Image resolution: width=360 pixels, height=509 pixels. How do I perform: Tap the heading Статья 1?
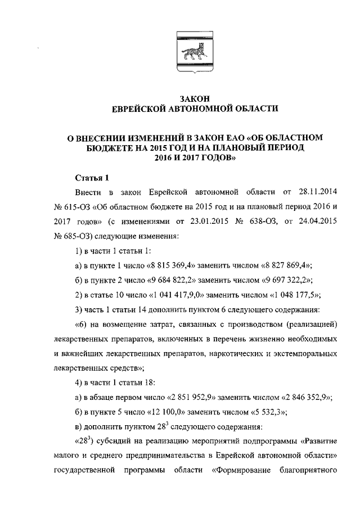tap(92, 179)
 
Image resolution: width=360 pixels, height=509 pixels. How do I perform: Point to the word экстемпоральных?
tap(303, 354)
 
